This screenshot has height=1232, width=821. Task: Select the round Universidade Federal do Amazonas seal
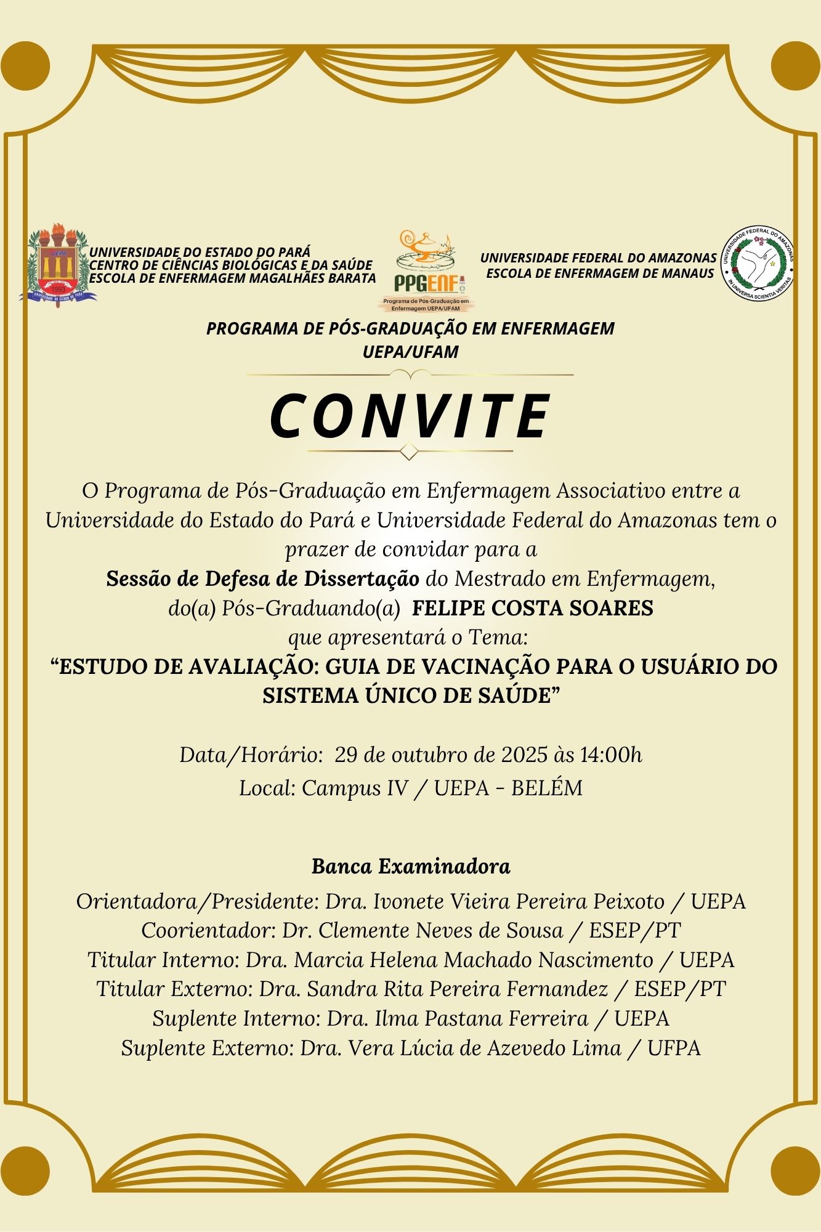(758, 264)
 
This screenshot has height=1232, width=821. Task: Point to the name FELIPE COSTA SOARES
(532, 608)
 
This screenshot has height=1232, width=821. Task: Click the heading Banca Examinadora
(411, 866)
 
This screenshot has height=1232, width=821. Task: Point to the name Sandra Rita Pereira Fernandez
(457, 989)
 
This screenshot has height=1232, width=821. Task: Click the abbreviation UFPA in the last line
(674, 1048)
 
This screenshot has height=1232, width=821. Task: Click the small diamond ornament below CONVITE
(409, 452)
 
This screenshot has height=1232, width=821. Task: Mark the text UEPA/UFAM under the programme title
(411, 352)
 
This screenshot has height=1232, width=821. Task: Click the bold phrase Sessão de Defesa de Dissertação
(263, 579)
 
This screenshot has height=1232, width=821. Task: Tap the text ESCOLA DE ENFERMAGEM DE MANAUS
(600, 273)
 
